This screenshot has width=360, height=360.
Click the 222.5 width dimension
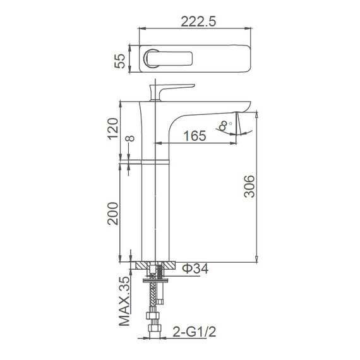198,21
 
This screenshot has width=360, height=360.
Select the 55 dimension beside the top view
120,61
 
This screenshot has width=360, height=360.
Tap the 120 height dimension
113,129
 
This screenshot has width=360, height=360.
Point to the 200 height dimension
113,213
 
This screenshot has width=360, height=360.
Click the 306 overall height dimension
249,186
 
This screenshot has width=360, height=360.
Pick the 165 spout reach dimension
195,136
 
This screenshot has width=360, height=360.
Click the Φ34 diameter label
195,268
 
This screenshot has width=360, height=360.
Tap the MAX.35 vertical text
124,301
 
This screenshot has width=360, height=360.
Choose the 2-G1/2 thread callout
195,332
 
